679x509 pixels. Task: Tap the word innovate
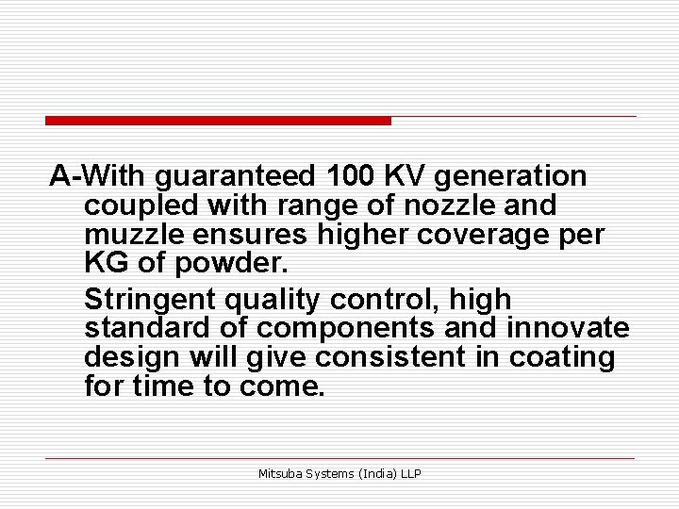(569, 329)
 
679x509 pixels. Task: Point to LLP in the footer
(410, 473)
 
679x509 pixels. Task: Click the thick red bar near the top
(218, 121)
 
